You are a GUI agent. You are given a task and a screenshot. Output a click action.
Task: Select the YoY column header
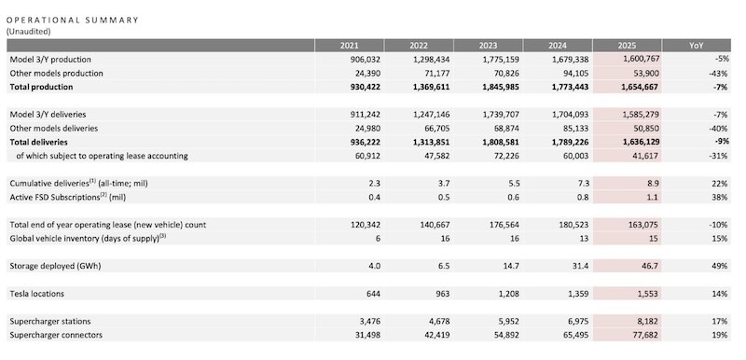[x=697, y=45]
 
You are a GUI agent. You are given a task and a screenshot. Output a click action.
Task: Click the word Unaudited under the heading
[x=31, y=31]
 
